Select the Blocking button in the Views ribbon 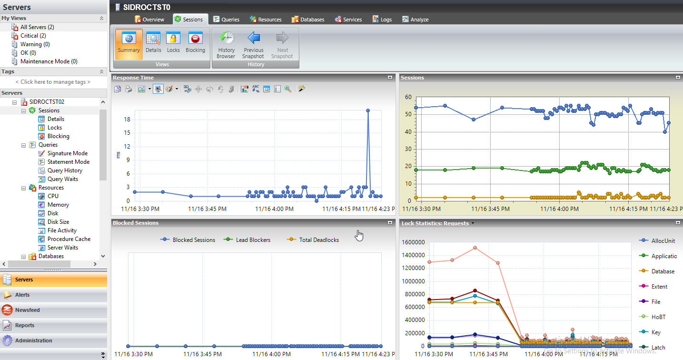(195, 43)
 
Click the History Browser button (226, 45)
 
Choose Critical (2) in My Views (33, 36)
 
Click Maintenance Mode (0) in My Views (49, 61)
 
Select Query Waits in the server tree (62, 179)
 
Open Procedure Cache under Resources (69, 239)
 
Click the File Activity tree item (62, 230)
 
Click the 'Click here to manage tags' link (53, 82)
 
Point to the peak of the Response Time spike (368, 110)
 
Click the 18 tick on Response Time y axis (127, 120)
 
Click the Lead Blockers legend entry (253, 240)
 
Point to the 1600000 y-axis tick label (414, 242)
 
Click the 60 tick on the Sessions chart (408, 97)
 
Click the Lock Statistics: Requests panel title (435, 223)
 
